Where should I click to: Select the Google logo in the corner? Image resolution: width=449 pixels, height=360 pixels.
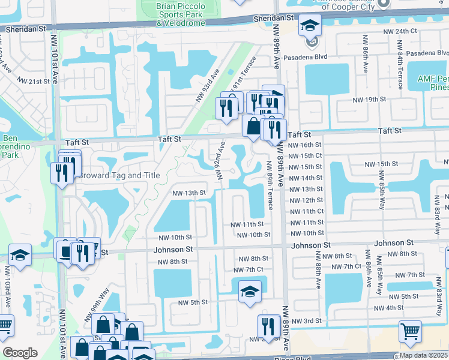tap(20, 353)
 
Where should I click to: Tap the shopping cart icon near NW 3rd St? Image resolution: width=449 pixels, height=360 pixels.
tap(410, 331)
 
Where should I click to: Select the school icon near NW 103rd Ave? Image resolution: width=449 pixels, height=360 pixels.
tap(20, 257)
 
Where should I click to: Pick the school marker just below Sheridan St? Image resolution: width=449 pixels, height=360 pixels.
tap(310, 26)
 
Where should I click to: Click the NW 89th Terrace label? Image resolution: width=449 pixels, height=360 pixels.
tap(270, 188)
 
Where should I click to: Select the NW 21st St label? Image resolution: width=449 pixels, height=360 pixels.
tap(32, 81)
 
